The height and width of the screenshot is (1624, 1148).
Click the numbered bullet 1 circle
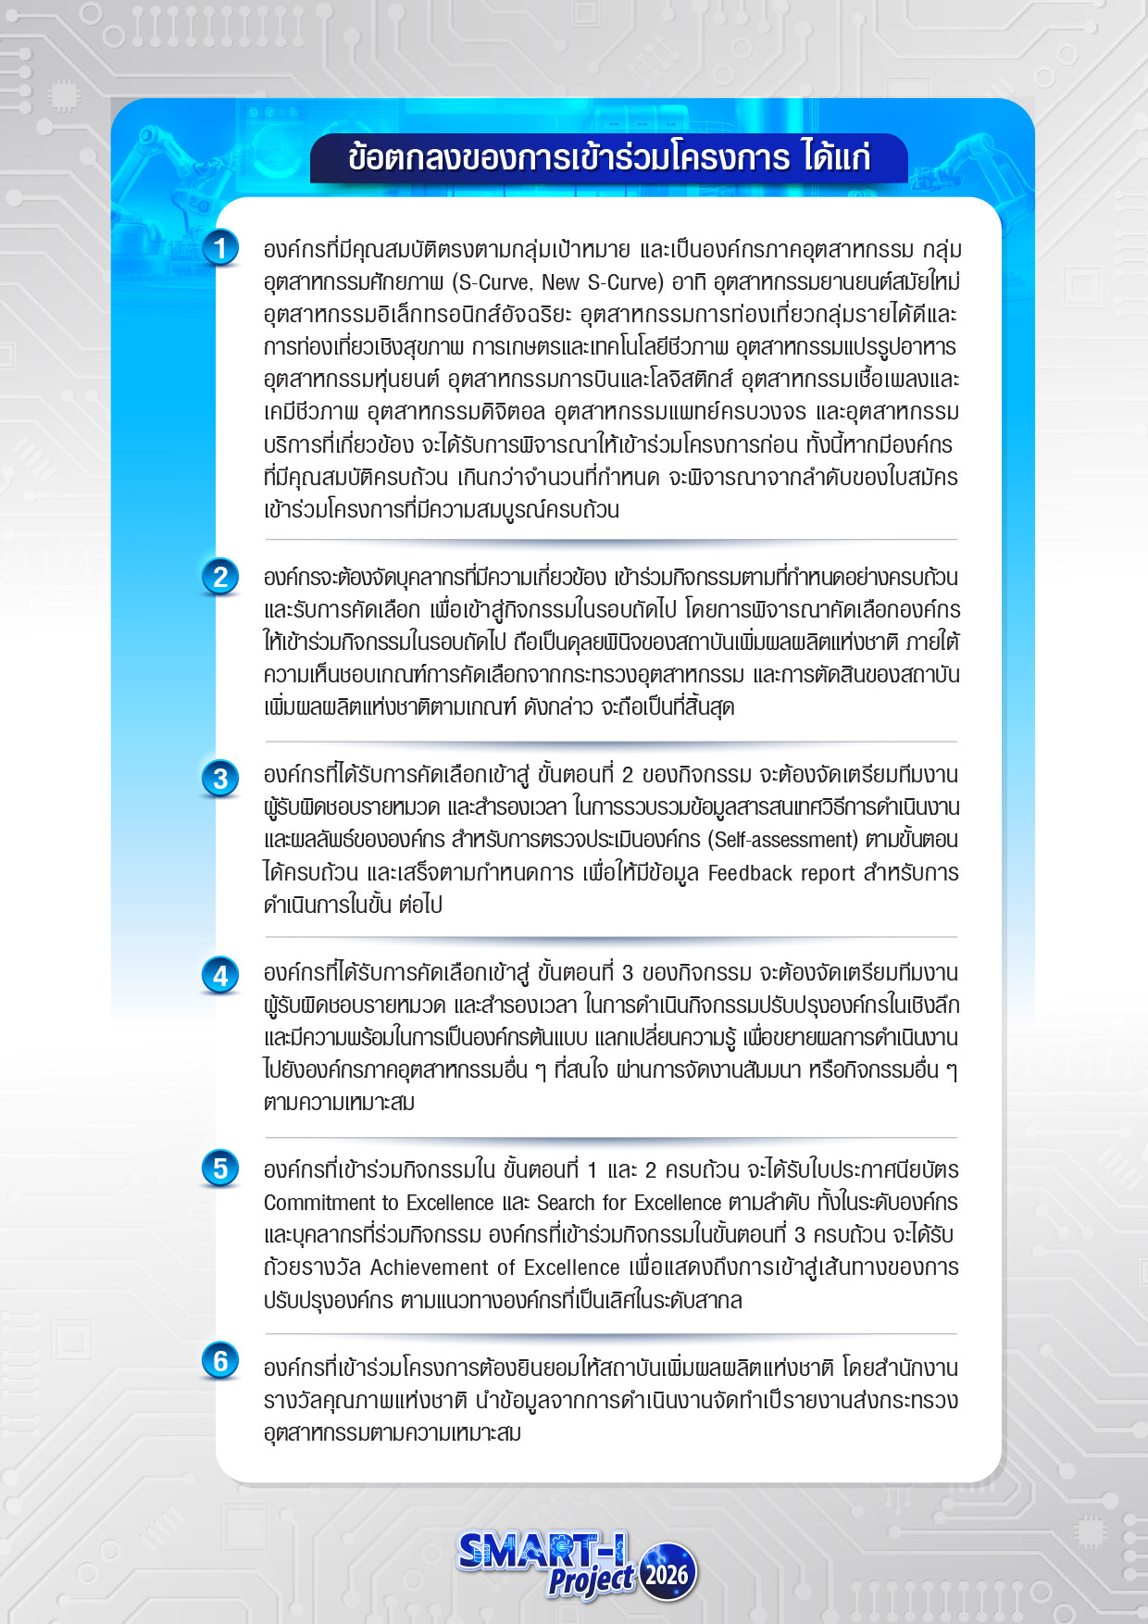(x=220, y=248)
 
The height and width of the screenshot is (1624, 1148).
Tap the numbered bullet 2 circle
(x=220, y=577)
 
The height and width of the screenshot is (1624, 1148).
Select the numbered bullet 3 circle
(x=220, y=778)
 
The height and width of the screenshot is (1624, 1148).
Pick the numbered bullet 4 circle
(x=220, y=976)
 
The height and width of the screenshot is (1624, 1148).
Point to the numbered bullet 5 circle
(x=220, y=1168)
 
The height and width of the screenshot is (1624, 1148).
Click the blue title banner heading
(x=609, y=157)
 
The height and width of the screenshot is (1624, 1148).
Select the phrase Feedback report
(x=781, y=873)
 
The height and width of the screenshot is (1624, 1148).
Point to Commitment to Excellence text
(x=379, y=1203)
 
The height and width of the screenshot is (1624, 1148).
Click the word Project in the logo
(x=590, y=1580)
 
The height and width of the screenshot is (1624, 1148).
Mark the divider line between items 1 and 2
(x=611, y=539)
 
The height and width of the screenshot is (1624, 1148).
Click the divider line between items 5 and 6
(x=611, y=1334)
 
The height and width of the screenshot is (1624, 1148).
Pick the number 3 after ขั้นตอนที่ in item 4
(x=627, y=973)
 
